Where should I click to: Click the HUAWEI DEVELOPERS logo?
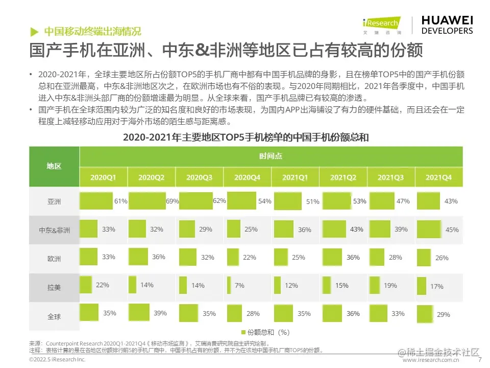tap(447, 25)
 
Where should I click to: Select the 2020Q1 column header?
tap(103, 178)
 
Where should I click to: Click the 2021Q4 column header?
tap(438, 178)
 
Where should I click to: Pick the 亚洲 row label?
tap(54, 202)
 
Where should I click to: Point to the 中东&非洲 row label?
tap(55, 230)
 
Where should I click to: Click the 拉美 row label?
tap(54, 287)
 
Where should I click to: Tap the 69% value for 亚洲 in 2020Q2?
tap(172, 201)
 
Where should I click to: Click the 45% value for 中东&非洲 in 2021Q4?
tap(452, 230)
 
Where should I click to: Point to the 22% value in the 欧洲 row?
tap(250, 258)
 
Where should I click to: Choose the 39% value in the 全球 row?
tap(160, 313)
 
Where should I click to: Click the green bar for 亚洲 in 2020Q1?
tap(96, 201)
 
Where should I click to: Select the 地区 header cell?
tap(54, 166)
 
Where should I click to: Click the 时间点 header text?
tap(270, 156)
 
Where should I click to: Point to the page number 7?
tap(479, 360)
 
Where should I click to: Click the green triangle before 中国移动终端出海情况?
tap(34, 31)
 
